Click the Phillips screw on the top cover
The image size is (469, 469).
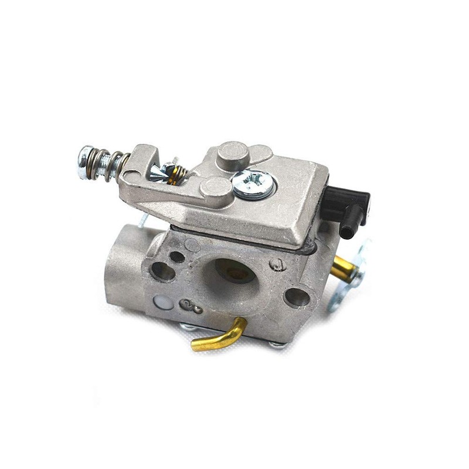[253, 183]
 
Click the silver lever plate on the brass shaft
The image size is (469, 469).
[350, 276]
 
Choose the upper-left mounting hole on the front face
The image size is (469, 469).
[161, 271]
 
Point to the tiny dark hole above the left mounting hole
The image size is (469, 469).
[176, 257]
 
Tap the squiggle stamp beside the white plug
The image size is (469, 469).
[191, 305]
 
